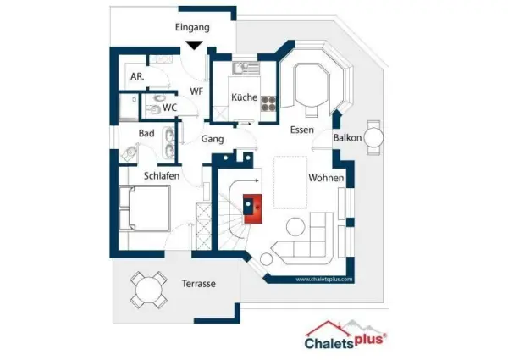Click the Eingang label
click(192, 28)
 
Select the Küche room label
click(245, 97)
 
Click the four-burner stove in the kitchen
click(268, 103)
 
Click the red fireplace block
click(252, 208)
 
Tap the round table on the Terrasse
click(149, 290)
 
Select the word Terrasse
click(199, 284)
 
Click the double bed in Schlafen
click(145, 208)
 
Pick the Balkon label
click(347, 138)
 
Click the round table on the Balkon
click(374, 137)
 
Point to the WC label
click(170, 108)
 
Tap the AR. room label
click(137, 77)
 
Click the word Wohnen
click(326, 178)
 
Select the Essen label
click(302, 130)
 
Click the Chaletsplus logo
click(345, 336)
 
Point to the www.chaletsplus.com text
click(324, 280)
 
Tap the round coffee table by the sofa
click(295, 227)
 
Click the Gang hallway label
click(213, 139)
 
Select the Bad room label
click(146, 133)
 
